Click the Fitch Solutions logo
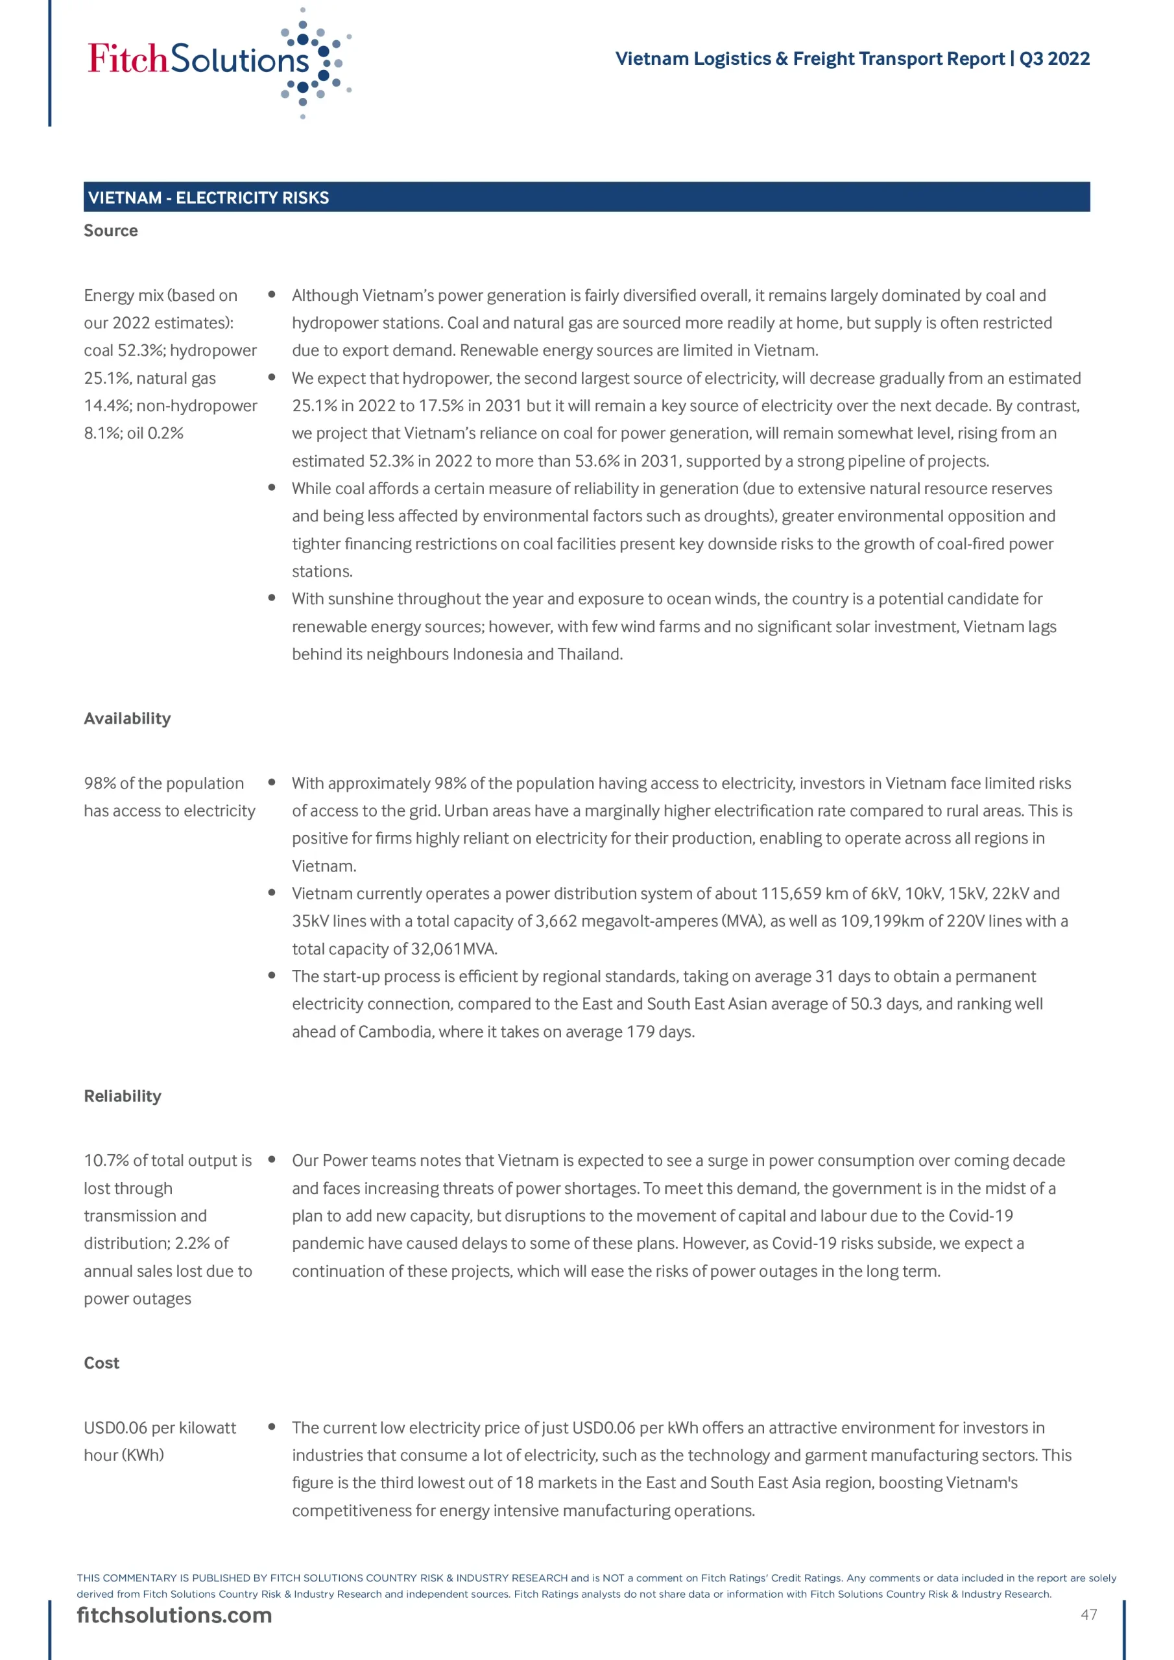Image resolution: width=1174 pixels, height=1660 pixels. [217, 62]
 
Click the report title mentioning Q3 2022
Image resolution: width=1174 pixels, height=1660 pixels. [852, 58]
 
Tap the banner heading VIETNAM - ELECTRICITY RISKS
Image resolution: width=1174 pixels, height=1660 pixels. [208, 197]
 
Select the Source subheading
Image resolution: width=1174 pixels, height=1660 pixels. [111, 231]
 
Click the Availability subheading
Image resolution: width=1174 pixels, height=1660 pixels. [127, 718]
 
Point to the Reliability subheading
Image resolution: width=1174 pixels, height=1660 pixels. [122, 1095]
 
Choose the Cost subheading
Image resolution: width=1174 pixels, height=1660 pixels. [101, 1362]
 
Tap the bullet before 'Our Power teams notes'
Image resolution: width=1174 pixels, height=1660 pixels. [272, 1159]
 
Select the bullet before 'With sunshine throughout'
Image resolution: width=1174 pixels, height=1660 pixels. [272, 598]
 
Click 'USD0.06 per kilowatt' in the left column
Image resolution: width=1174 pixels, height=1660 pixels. [160, 1427]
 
